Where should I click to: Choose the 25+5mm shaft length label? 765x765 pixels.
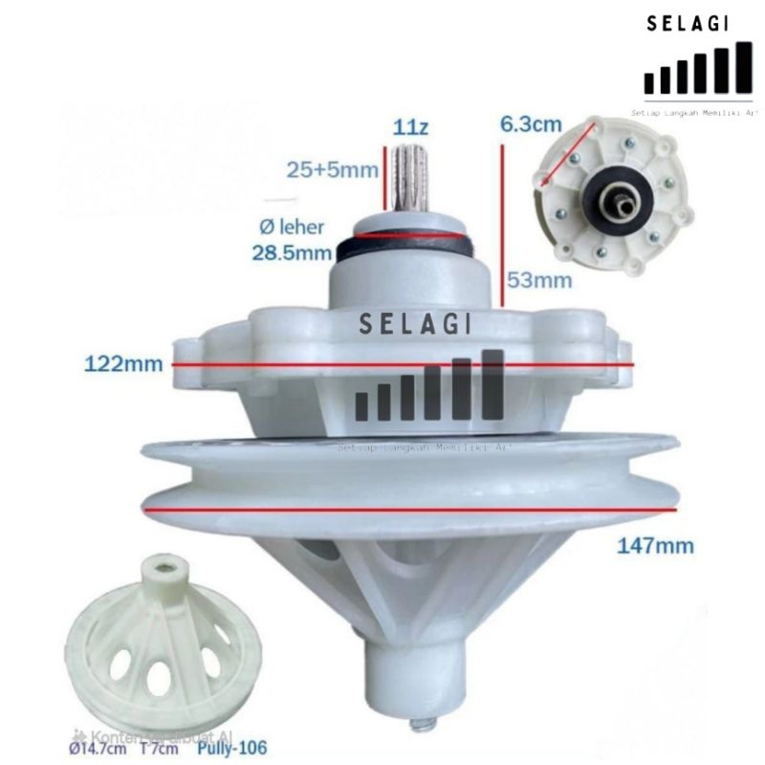coord(333,170)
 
